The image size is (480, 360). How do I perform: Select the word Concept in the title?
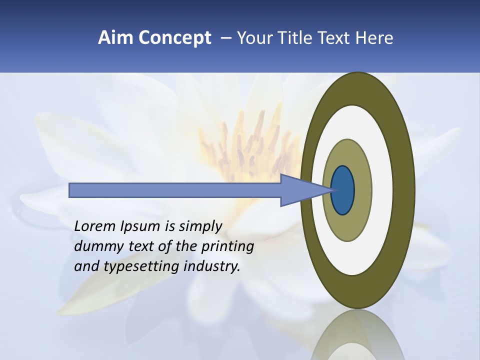pyautogui.click(x=173, y=38)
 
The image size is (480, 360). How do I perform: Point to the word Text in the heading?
pyautogui.click(x=336, y=38)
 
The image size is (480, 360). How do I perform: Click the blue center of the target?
pyautogui.click(x=343, y=190)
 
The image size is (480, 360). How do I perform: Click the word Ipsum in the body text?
pyautogui.click(x=141, y=227)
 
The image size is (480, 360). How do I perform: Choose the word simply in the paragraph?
pyautogui.click(x=199, y=227)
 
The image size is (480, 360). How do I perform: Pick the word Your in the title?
pyautogui.click(x=253, y=38)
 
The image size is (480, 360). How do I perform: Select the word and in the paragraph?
pyautogui.click(x=86, y=266)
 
